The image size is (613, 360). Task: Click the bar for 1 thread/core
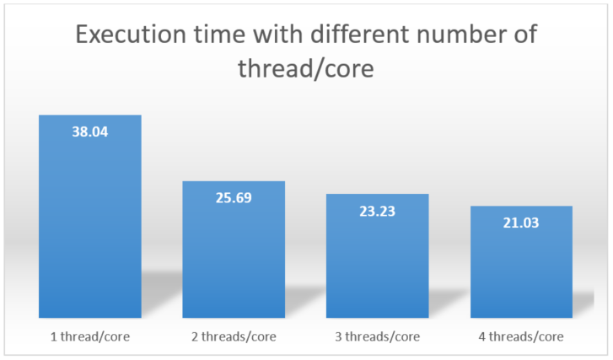click(x=90, y=216)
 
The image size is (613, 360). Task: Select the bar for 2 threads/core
click(x=234, y=250)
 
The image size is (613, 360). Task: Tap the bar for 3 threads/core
click(x=378, y=255)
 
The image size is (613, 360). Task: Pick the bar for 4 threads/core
click(x=522, y=262)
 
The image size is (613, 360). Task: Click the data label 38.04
click(x=90, y=132)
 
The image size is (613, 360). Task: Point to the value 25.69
click(x=234, y=198)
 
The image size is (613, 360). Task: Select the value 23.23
click(x=378, y=212)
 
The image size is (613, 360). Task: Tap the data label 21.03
click(x=521, y=223)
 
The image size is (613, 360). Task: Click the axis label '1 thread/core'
click(x=90, y=336)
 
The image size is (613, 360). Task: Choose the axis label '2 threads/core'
click(x=234, y=336)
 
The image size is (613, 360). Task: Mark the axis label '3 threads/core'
click(x=378, y=336)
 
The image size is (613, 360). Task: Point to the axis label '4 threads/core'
click(x=521, y=336)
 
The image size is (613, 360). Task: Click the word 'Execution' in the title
click(x=131, y=34)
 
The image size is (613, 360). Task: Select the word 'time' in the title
click(x=219, y=34)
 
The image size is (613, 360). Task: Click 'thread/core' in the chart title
click(x=306, y=69)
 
